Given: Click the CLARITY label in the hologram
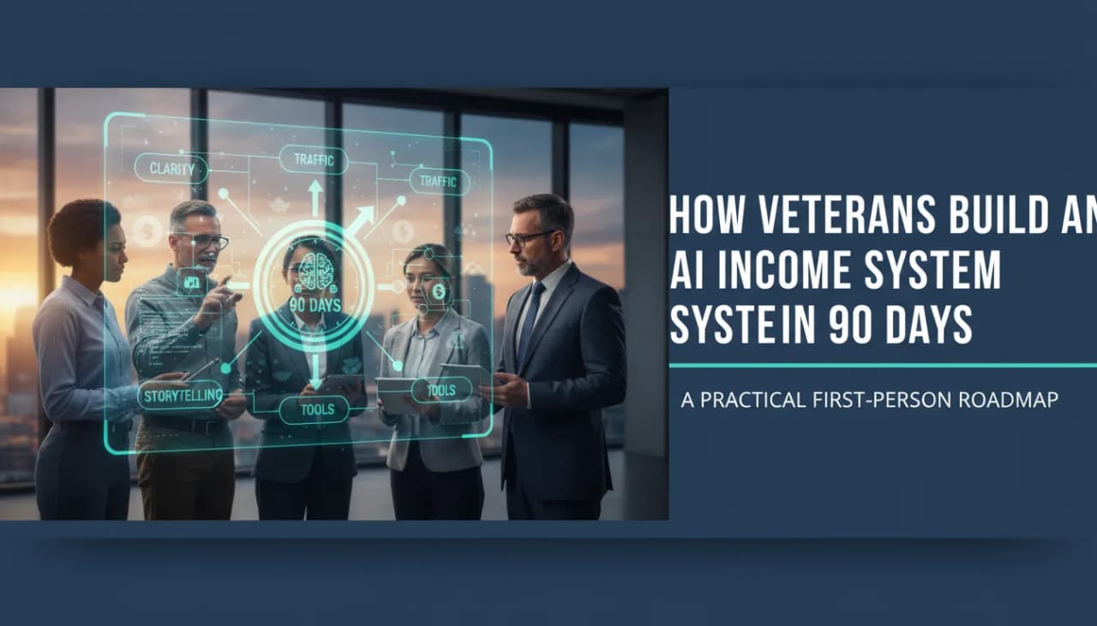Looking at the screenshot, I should coord(171,169).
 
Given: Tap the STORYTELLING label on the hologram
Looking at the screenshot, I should coord(181,395).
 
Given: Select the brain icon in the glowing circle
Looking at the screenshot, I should coord(314,270).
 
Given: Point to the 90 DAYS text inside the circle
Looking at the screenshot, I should coord(314,304).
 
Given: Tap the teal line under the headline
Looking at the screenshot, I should coord(883,366).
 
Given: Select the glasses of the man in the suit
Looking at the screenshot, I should coord(528,237).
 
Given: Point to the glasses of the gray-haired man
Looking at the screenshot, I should coord(206,241).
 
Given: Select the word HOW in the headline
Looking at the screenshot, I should coord(698,213).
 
